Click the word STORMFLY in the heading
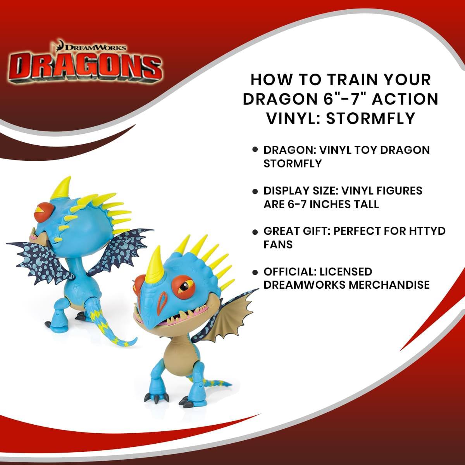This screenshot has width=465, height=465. tap(372, 118)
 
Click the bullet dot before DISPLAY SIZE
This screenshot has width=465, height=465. tap(255, 191)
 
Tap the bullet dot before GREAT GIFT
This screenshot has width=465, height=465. tap(255, 232)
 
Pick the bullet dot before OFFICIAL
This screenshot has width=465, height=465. tap(255, 272)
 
